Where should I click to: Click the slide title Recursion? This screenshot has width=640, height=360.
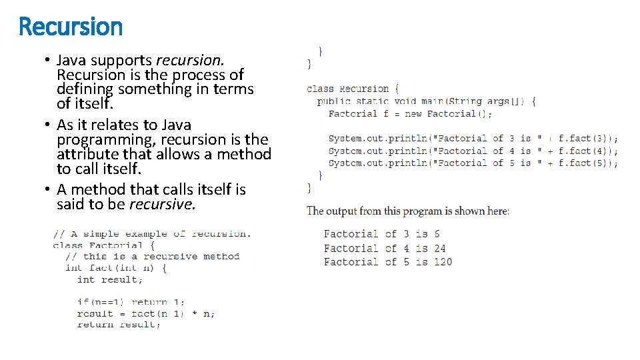(x=71, y=27)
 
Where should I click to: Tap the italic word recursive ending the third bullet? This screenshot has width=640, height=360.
(x=162, y=204)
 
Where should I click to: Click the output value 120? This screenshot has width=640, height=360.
(x=443, y=261)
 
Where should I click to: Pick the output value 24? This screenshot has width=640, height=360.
(x=439, y=248)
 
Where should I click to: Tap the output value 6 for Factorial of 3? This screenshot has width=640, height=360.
(x=436, y=234)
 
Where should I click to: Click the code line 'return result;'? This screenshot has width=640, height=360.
(x=119, y=325)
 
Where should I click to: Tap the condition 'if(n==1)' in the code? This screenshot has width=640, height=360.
(x=100, y=302)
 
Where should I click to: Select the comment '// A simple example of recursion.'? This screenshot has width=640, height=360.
(x=152, y=234)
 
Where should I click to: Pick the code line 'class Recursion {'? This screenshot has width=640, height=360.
(x=353, y=89)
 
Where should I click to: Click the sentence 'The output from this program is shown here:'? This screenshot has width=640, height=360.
(x=408, y=211)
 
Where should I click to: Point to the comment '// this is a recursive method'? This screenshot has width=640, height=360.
(x=152, y=256)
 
